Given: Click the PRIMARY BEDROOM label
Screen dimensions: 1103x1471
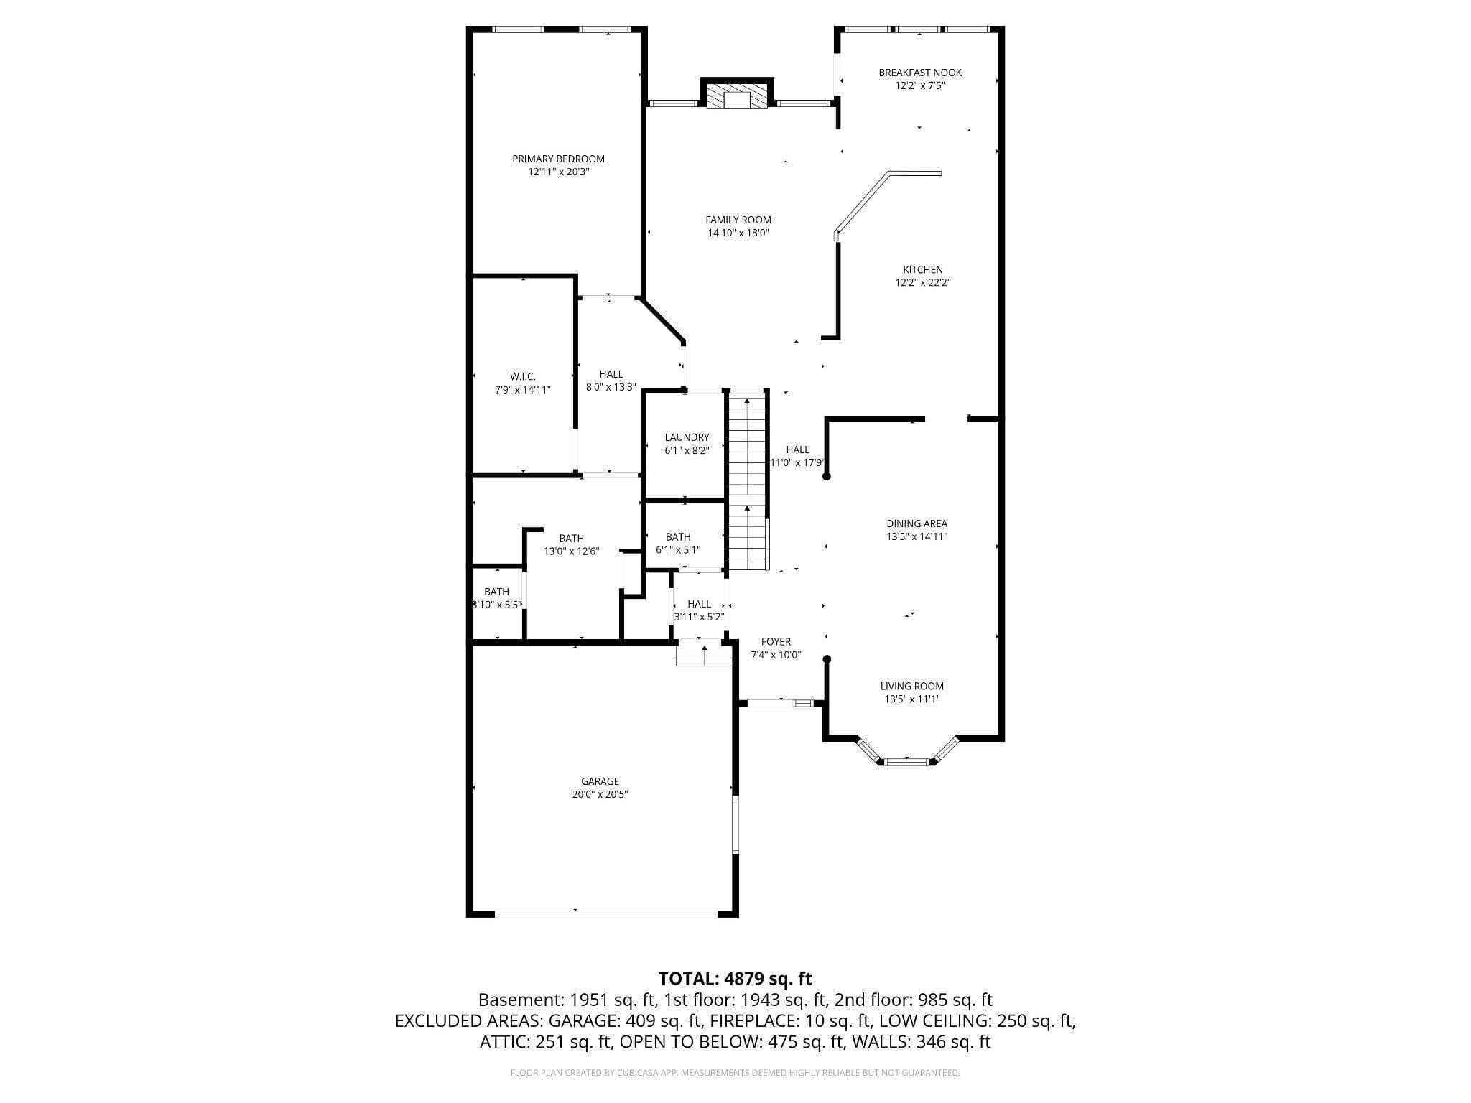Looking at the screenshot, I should click(558, 159).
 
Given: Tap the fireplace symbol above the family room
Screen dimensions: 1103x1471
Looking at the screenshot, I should click(736, 98).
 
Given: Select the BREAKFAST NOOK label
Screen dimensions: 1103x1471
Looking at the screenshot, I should click(919, 73).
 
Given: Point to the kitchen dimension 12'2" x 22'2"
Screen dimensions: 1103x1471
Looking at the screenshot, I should click(922, 283).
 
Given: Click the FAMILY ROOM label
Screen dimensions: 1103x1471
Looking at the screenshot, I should click(738, 220).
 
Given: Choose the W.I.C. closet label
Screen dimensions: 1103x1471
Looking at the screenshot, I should click(522, 376).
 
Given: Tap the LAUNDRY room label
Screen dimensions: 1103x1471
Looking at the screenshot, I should click(687, 437).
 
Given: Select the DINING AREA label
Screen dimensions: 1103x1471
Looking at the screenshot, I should click(917, 523).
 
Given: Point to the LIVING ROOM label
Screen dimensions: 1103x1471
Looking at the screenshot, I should click(911, 686).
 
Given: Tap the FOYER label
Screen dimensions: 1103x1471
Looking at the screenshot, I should click(776, 642).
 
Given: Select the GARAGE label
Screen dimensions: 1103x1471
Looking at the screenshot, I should click(600, 781).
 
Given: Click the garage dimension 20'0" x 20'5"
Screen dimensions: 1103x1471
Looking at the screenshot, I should click(600, 795).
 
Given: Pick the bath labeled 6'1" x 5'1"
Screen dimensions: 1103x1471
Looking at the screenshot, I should click(678, 544).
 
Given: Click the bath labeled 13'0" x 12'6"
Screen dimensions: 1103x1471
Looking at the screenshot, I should click(571, 545).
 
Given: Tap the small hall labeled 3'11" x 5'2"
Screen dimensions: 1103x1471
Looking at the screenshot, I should click(699, 610).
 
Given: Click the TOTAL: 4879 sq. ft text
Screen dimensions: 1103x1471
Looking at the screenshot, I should click(735, 979).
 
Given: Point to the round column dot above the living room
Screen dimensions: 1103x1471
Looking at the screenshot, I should click(827, 659).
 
